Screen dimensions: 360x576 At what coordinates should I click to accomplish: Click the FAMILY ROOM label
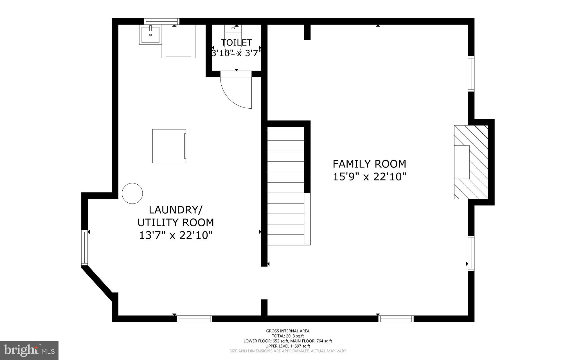(369, 164)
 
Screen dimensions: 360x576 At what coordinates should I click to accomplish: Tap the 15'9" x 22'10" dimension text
(369, 177)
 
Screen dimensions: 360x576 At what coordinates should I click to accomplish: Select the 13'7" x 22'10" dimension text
(175, 235)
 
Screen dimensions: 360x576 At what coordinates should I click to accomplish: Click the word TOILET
(236, 43)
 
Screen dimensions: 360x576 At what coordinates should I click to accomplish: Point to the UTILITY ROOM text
(175, 223)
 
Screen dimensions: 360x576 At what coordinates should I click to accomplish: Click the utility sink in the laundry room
(150, 35)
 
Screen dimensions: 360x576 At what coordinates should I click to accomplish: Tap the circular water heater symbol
(132, 193)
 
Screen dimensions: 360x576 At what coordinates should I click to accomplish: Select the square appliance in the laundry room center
(169, 146)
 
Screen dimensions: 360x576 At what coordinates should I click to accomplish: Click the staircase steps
(285, 186)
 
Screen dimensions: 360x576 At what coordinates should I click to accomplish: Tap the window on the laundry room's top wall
(162, 21)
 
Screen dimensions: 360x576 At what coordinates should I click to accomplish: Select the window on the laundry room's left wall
(84, 247)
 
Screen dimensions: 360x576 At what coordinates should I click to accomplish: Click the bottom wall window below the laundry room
(195, 319)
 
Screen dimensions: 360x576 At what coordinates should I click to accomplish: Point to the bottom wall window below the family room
(396, 319)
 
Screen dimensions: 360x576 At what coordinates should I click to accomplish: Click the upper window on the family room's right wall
(471, 74)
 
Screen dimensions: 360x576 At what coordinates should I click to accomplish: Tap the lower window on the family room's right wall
(471, 253)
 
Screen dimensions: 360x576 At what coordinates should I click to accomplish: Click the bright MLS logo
(29, 350)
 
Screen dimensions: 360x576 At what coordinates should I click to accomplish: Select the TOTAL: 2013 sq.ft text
(288, 336)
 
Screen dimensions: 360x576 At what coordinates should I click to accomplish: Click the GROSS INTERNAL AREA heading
(288, 331)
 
